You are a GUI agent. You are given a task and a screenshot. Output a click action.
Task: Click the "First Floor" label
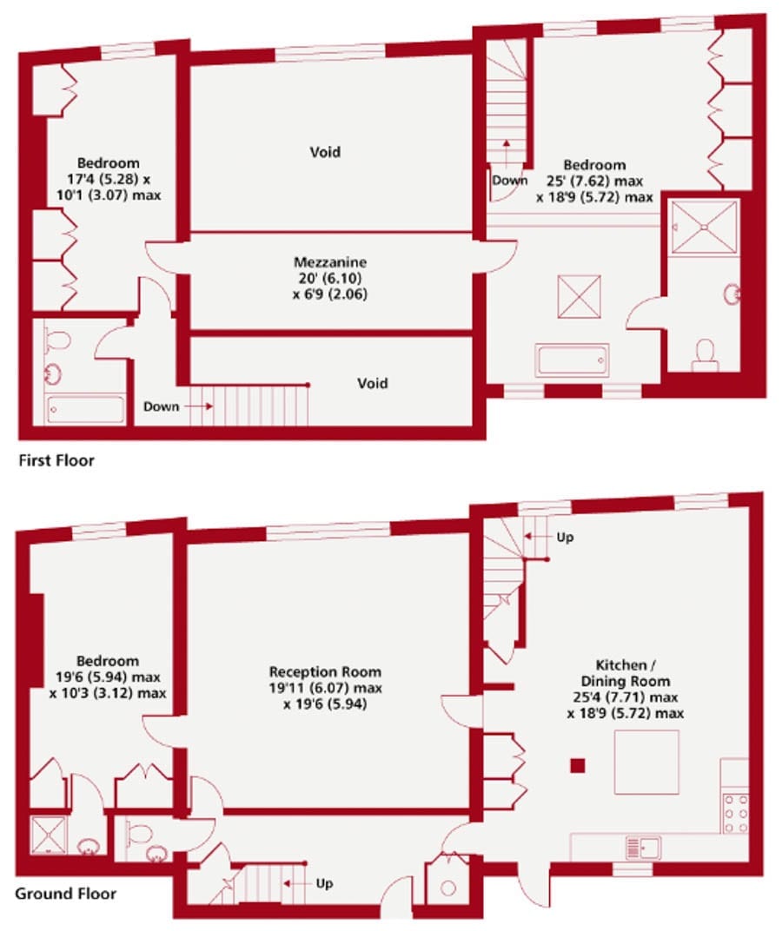56,460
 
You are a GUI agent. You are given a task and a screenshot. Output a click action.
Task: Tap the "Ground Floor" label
65,894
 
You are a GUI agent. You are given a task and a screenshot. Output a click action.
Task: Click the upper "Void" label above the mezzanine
325,152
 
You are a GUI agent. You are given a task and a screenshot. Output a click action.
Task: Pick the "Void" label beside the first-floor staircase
373,384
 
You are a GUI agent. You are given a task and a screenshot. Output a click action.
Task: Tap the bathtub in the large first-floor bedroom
572,360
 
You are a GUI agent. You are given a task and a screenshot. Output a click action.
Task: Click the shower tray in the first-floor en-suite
704,226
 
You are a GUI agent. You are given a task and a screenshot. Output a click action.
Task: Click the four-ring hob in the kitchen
735,814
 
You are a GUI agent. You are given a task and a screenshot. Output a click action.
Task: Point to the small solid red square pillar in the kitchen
578,765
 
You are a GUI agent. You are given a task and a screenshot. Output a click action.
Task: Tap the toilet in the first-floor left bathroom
56,340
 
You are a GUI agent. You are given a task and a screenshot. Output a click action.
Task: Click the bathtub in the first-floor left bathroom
85,409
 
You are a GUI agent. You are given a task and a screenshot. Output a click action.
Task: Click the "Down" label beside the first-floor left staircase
161,406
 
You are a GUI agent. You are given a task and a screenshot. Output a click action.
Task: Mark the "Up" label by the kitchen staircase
565,538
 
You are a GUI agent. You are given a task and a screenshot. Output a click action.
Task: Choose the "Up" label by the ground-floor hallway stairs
324,883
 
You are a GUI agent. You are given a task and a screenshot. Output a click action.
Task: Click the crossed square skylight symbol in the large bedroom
579,296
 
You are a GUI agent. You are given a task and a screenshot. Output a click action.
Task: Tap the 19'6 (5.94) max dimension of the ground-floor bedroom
108,677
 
